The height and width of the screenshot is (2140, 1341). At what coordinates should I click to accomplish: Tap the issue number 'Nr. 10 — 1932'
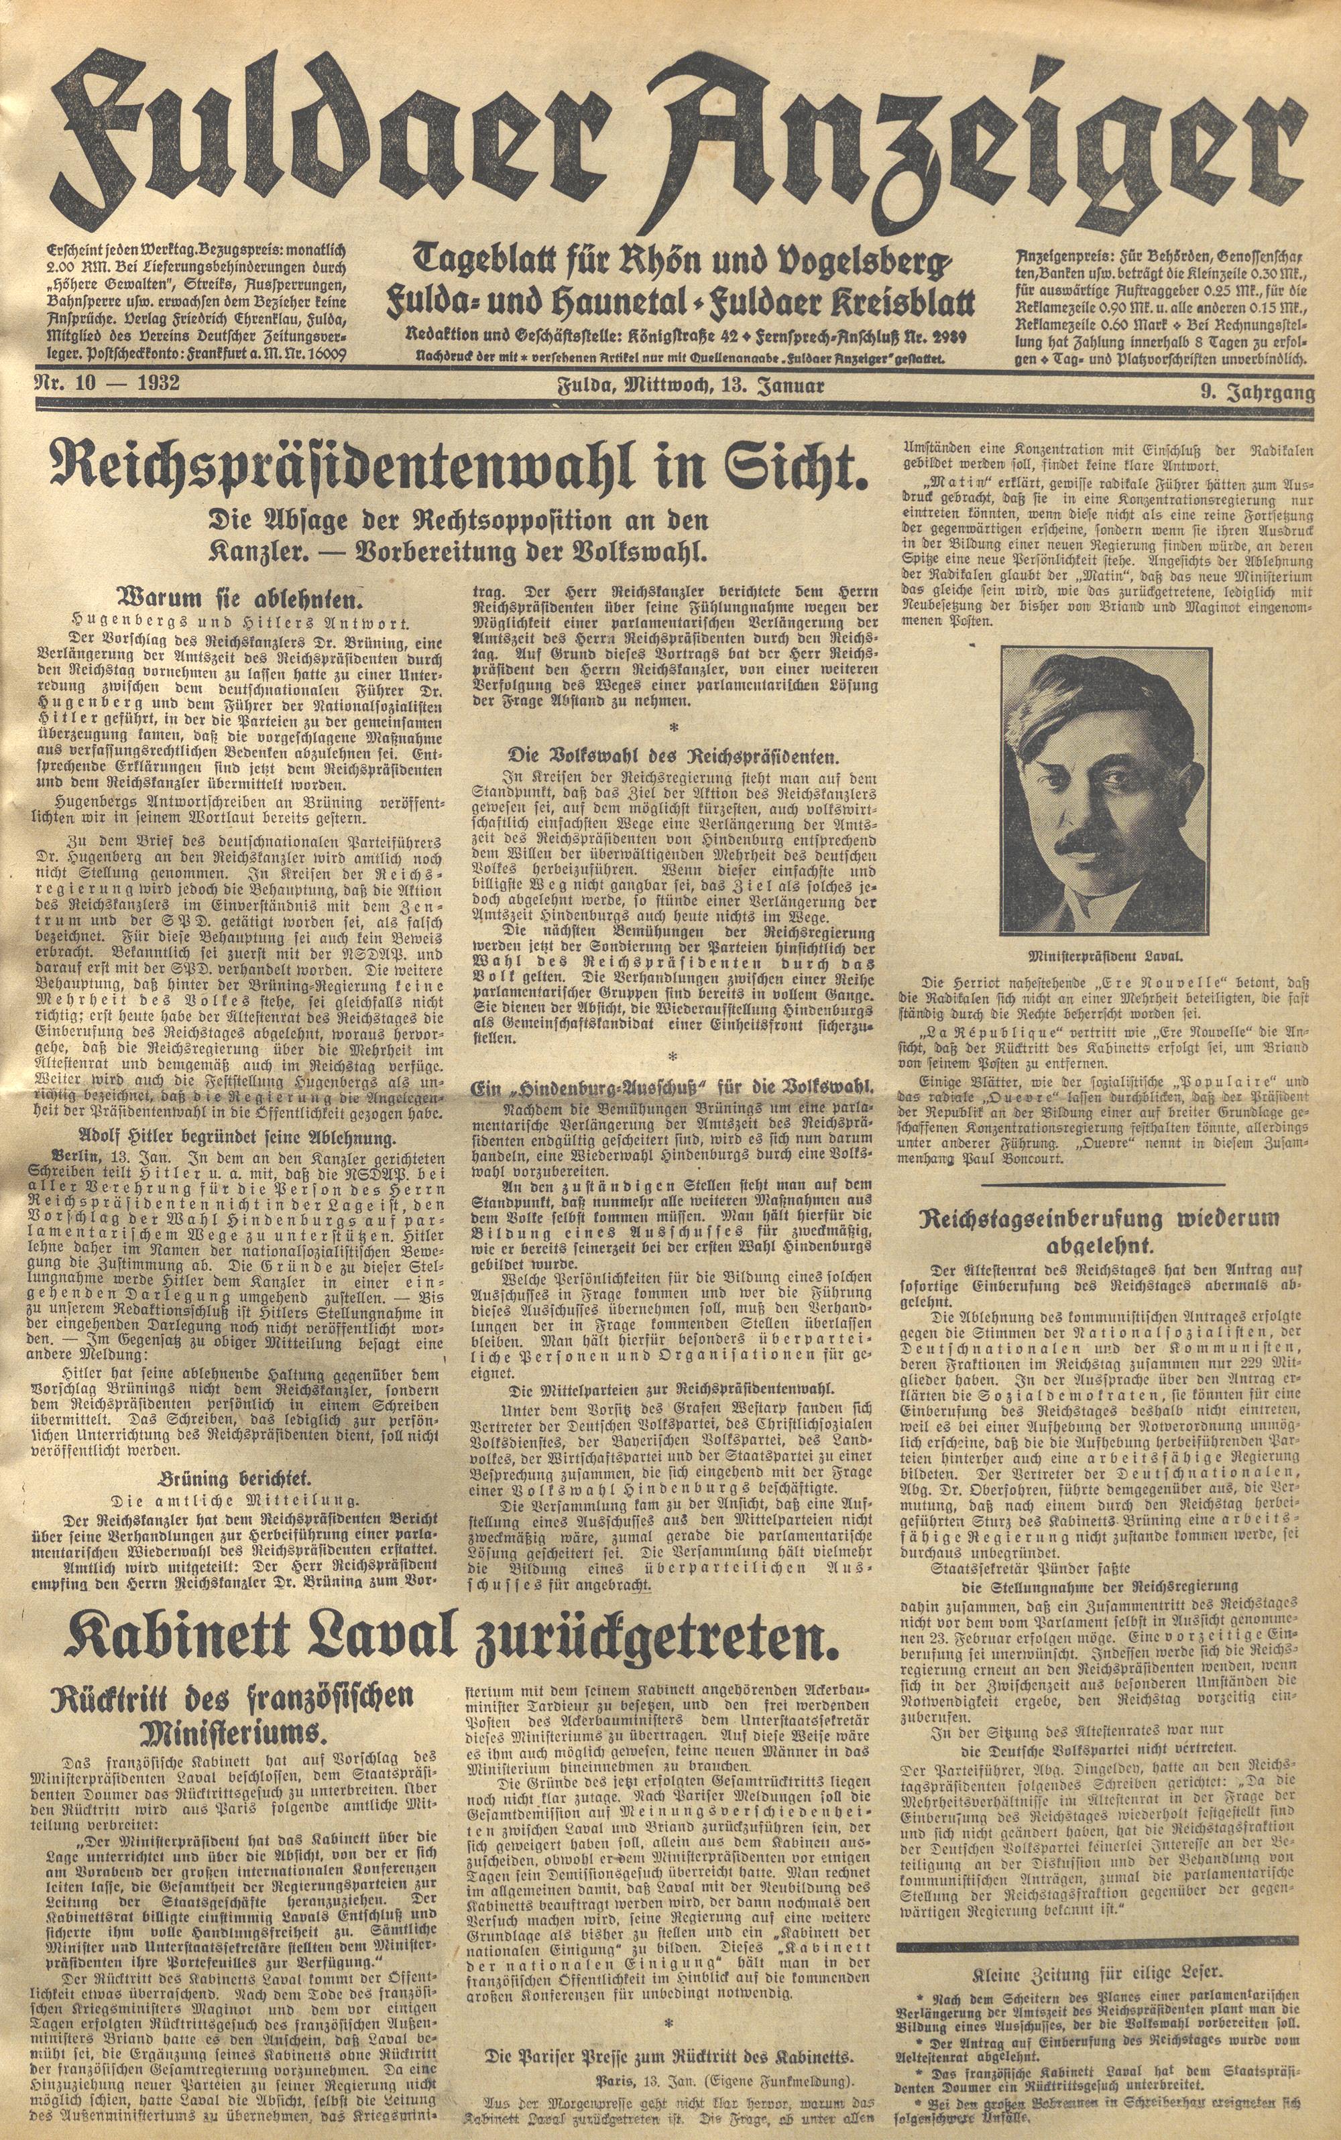pyautogui.click(x=107, y=384)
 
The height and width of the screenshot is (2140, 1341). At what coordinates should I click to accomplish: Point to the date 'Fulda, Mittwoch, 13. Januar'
pyautogui.click(x=691, y=385)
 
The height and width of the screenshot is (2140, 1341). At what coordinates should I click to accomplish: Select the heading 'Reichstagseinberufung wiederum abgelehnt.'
pyautogui.click(x=1104, y=1231)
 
